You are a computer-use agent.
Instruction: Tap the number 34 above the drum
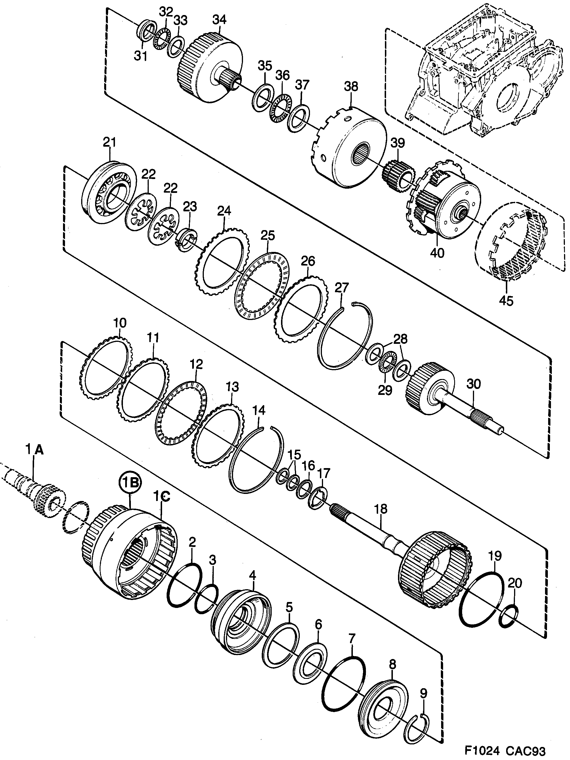219,20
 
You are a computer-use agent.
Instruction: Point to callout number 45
506,301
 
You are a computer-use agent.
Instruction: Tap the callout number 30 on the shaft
473,384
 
